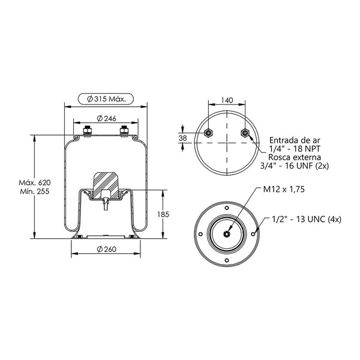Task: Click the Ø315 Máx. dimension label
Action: [x=106, y=99]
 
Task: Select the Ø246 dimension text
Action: [x=106, y=118]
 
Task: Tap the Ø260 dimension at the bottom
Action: [x=106, y=249]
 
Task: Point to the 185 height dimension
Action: [x=163, y=214]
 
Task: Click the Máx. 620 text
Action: [x=35, y=183]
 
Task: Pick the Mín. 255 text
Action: [x=35, y=191]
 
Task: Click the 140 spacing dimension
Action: [x=227, y=100]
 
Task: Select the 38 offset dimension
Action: [x=183, y=138]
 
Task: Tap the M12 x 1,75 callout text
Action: [x=284, y=189]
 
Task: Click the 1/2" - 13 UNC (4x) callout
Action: [x=307, y=219]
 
